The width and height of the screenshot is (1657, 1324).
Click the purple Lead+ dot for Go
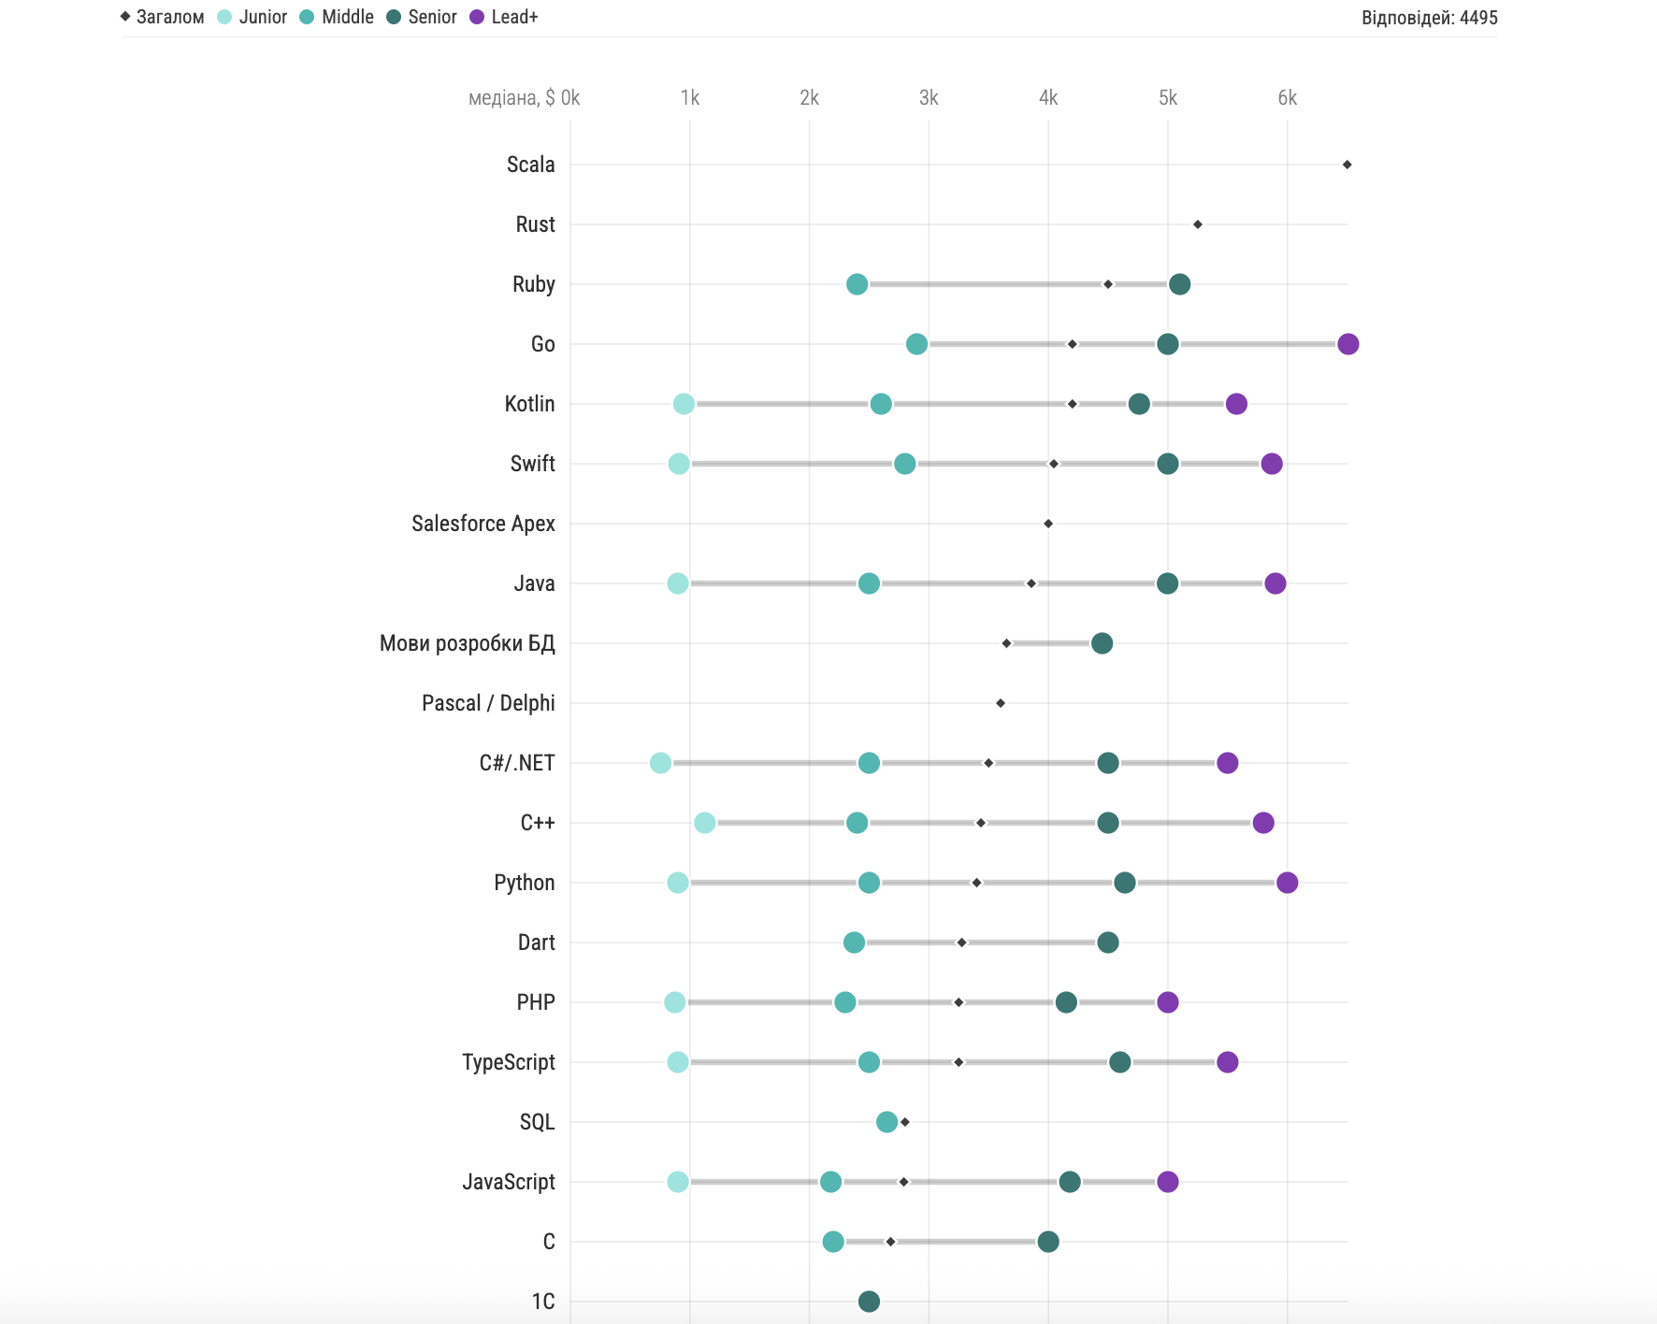tap(1347, 344)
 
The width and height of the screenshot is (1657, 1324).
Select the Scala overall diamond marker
tap(1347, 165)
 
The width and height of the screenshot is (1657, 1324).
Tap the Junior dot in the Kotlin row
tap(684, 404)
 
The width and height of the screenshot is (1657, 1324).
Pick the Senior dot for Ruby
tap(1179, 284)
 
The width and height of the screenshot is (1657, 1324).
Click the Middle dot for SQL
tap(886, 1122)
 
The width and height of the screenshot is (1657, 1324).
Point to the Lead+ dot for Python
tap(1287, 883)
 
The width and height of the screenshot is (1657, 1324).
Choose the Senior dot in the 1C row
tap(869, 1302)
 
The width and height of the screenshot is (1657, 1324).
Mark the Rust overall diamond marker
tap(1198, 224)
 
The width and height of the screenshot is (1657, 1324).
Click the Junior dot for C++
tap(705, 823)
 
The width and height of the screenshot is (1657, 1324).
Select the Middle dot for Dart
tap(854, 943)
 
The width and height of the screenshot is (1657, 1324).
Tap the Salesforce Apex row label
tap(483, 524)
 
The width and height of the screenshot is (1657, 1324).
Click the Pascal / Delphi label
tap(488, 703)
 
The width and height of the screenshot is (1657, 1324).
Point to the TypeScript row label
tap(508, 1062)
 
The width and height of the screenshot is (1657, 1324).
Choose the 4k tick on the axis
tap(1048, 98)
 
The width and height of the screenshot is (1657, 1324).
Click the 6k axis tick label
tap(1287, 98)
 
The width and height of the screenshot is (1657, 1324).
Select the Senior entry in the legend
tap(422, 17)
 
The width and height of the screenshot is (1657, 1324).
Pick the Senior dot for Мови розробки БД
tap(1102, 643)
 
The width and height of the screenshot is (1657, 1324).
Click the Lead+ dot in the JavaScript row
tap(1167, 1182)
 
